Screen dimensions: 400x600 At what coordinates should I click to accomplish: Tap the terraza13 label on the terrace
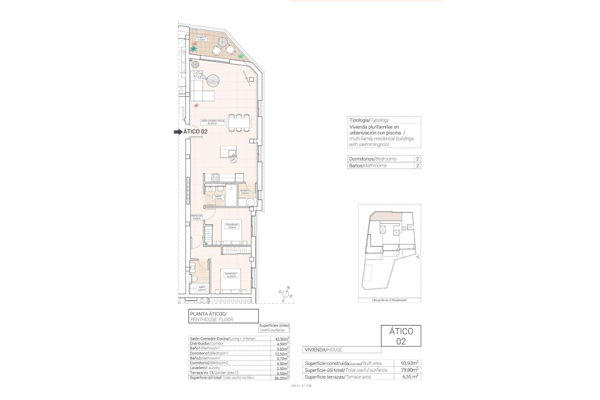tap(201, 38)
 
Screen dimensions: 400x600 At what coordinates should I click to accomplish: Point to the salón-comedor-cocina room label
tap(212, 122)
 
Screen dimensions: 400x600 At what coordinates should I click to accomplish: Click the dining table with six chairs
tap(239, 123)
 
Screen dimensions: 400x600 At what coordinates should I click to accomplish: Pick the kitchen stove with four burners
tap(216, 178)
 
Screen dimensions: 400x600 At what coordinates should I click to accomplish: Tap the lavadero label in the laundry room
tap(244, 192)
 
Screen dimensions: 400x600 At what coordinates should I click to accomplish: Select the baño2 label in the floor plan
tap(218, 197)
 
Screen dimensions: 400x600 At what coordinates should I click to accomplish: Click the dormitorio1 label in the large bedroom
tap(231, 275)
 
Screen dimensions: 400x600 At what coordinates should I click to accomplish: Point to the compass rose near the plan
tap(286, 294)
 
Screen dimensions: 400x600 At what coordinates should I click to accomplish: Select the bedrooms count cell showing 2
tap(417, 159)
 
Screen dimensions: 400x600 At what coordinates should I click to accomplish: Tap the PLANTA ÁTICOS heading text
tap(208, 314)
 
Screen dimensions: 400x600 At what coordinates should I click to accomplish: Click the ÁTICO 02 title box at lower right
tap(401, 336)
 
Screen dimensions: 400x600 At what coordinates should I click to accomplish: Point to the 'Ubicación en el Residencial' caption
tap(389, 300)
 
